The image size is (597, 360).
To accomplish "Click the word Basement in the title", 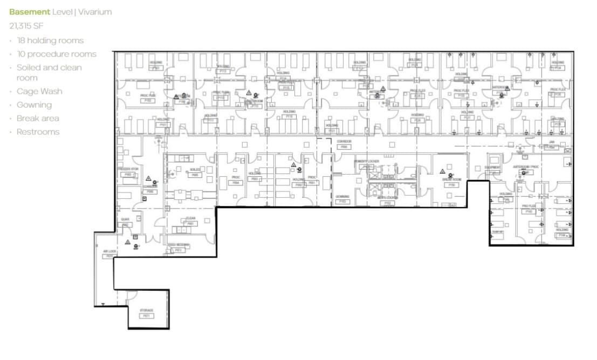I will click(30, 12).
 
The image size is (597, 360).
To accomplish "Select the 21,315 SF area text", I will click(26, 25).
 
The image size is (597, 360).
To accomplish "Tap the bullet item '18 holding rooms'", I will click(50, 40).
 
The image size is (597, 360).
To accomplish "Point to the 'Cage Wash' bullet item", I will click(39, 92).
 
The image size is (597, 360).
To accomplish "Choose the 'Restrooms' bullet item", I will click(38, 132).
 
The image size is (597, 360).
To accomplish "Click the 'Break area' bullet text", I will click(38, 119).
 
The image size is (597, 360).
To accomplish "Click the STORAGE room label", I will click(146, 310).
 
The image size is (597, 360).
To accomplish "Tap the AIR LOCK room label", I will click(109, 251).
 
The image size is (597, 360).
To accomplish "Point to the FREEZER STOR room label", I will click(128, 169).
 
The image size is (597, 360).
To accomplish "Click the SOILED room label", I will click(195, 170).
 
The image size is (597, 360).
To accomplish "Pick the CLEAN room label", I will click(190, 219).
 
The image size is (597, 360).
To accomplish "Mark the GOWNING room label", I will click(342, 197).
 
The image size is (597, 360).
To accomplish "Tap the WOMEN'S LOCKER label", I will click(367, 161).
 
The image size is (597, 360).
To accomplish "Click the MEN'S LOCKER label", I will click(387, 198).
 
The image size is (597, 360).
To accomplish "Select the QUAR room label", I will click(125, 219).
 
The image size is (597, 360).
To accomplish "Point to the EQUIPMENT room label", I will click(492, 168).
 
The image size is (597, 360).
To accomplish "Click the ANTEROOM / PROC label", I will click(526, 167).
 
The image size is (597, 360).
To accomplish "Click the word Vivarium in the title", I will click(94, 12).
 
